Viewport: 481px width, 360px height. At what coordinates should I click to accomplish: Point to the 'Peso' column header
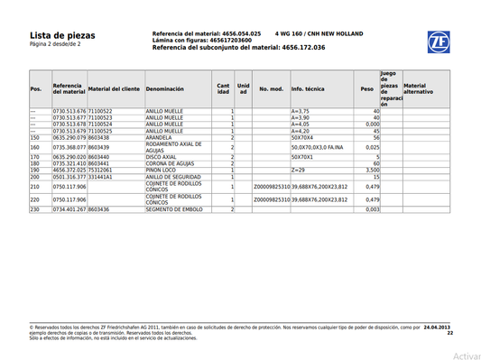366,89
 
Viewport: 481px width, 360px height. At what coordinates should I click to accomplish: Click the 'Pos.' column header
36,89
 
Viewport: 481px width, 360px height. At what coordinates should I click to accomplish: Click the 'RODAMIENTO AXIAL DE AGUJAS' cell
178,147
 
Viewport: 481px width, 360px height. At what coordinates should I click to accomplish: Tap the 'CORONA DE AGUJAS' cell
171,163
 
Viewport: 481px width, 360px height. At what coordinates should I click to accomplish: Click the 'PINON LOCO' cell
162,170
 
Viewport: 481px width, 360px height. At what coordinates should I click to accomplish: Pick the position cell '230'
35,208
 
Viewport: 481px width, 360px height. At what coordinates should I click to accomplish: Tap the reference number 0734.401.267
69,208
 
